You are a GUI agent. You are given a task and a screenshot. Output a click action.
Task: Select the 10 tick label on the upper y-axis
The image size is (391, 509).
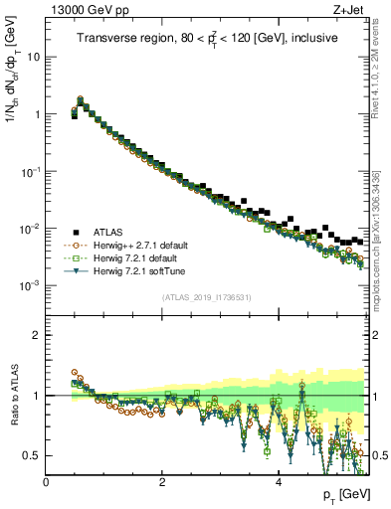33,57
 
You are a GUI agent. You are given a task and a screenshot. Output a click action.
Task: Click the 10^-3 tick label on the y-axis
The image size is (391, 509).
31,286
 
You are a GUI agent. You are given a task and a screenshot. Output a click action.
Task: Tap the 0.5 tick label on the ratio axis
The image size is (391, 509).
31,455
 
